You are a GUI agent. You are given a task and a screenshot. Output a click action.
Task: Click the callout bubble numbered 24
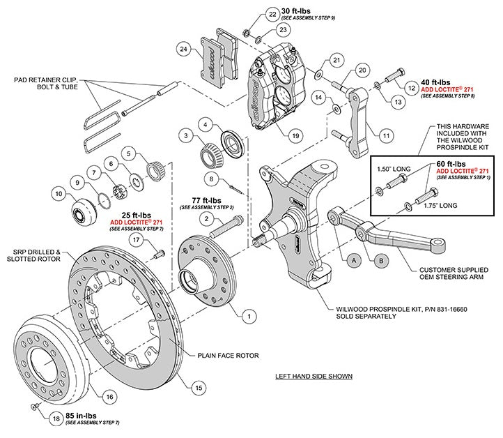(x=183, y=50)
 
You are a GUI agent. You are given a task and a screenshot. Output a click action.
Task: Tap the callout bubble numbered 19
(x=295, y=135)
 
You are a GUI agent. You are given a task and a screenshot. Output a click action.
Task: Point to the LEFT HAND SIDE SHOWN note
(x=314, y=376)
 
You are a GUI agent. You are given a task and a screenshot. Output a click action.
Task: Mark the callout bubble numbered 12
(x=411, y=88)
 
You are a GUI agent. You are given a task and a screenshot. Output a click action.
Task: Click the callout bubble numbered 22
(x=253, y=14)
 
